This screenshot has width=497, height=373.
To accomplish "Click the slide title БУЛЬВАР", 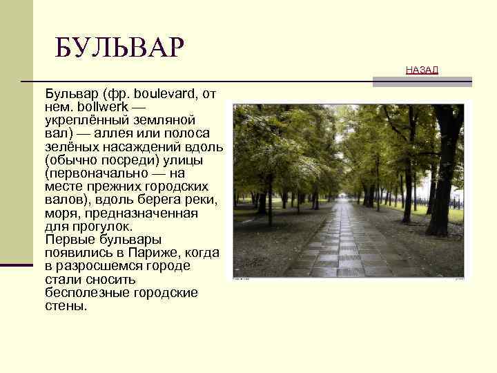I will coord(120,48).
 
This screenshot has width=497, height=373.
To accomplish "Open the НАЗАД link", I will coord(422,70).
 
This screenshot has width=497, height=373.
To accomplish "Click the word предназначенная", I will coord(134,213).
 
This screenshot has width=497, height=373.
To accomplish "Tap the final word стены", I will coord(66,306).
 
